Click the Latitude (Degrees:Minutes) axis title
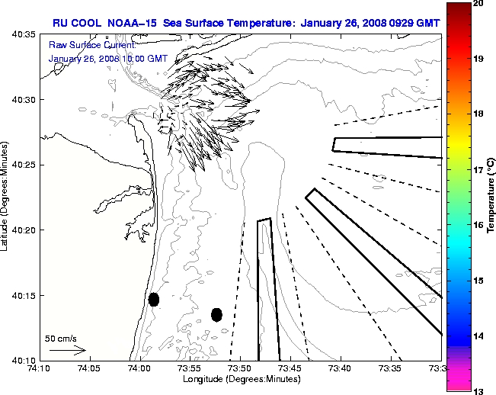(6, 197)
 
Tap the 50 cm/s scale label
(61, 338)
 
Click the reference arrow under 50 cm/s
(67, 350)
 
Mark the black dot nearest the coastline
(154, 299)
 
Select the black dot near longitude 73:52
(216, 314)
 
